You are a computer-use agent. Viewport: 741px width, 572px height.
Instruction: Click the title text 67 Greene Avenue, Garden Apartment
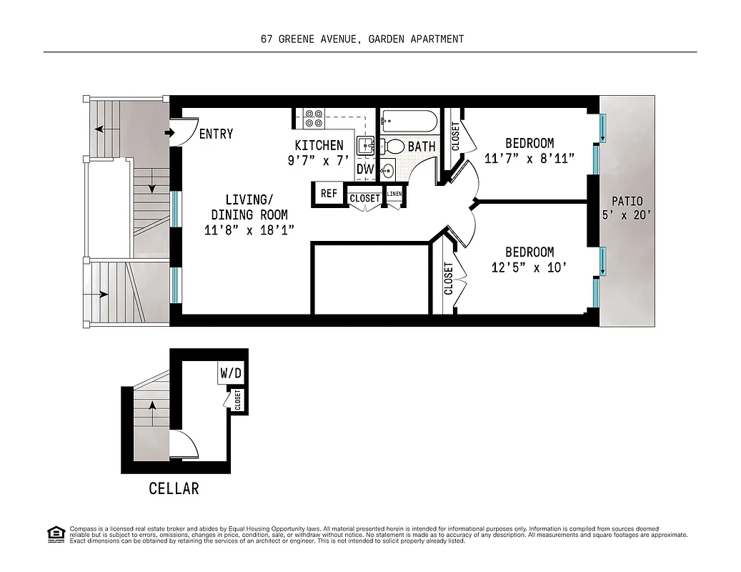coord(362,39)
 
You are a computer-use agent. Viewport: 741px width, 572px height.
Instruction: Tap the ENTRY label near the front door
coord(216,134)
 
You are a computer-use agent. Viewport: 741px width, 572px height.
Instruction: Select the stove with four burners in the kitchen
coord(314,118)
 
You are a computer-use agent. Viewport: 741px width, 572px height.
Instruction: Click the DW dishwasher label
coord(364,169)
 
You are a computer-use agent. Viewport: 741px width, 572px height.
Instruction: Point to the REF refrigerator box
coord(329,194)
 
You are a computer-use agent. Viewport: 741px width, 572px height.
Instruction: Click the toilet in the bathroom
coord(395,147)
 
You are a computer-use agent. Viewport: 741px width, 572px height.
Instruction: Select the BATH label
coord(422,147)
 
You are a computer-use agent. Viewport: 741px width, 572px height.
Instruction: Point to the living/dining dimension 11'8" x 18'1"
coord(249,230)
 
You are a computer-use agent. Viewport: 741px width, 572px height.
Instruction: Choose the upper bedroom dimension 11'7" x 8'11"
coord(529,159)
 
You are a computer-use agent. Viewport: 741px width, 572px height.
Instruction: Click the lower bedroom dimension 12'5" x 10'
coord(529,267)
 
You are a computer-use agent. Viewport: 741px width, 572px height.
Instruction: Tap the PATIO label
coord(627,202)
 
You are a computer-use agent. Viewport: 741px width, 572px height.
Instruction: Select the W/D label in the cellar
coord(230,373)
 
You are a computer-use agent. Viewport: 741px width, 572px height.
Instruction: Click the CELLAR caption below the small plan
coord(174,489)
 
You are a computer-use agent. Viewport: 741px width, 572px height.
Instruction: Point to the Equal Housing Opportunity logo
coord(55,533)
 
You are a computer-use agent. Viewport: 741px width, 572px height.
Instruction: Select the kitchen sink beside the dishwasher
coord(365,147)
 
